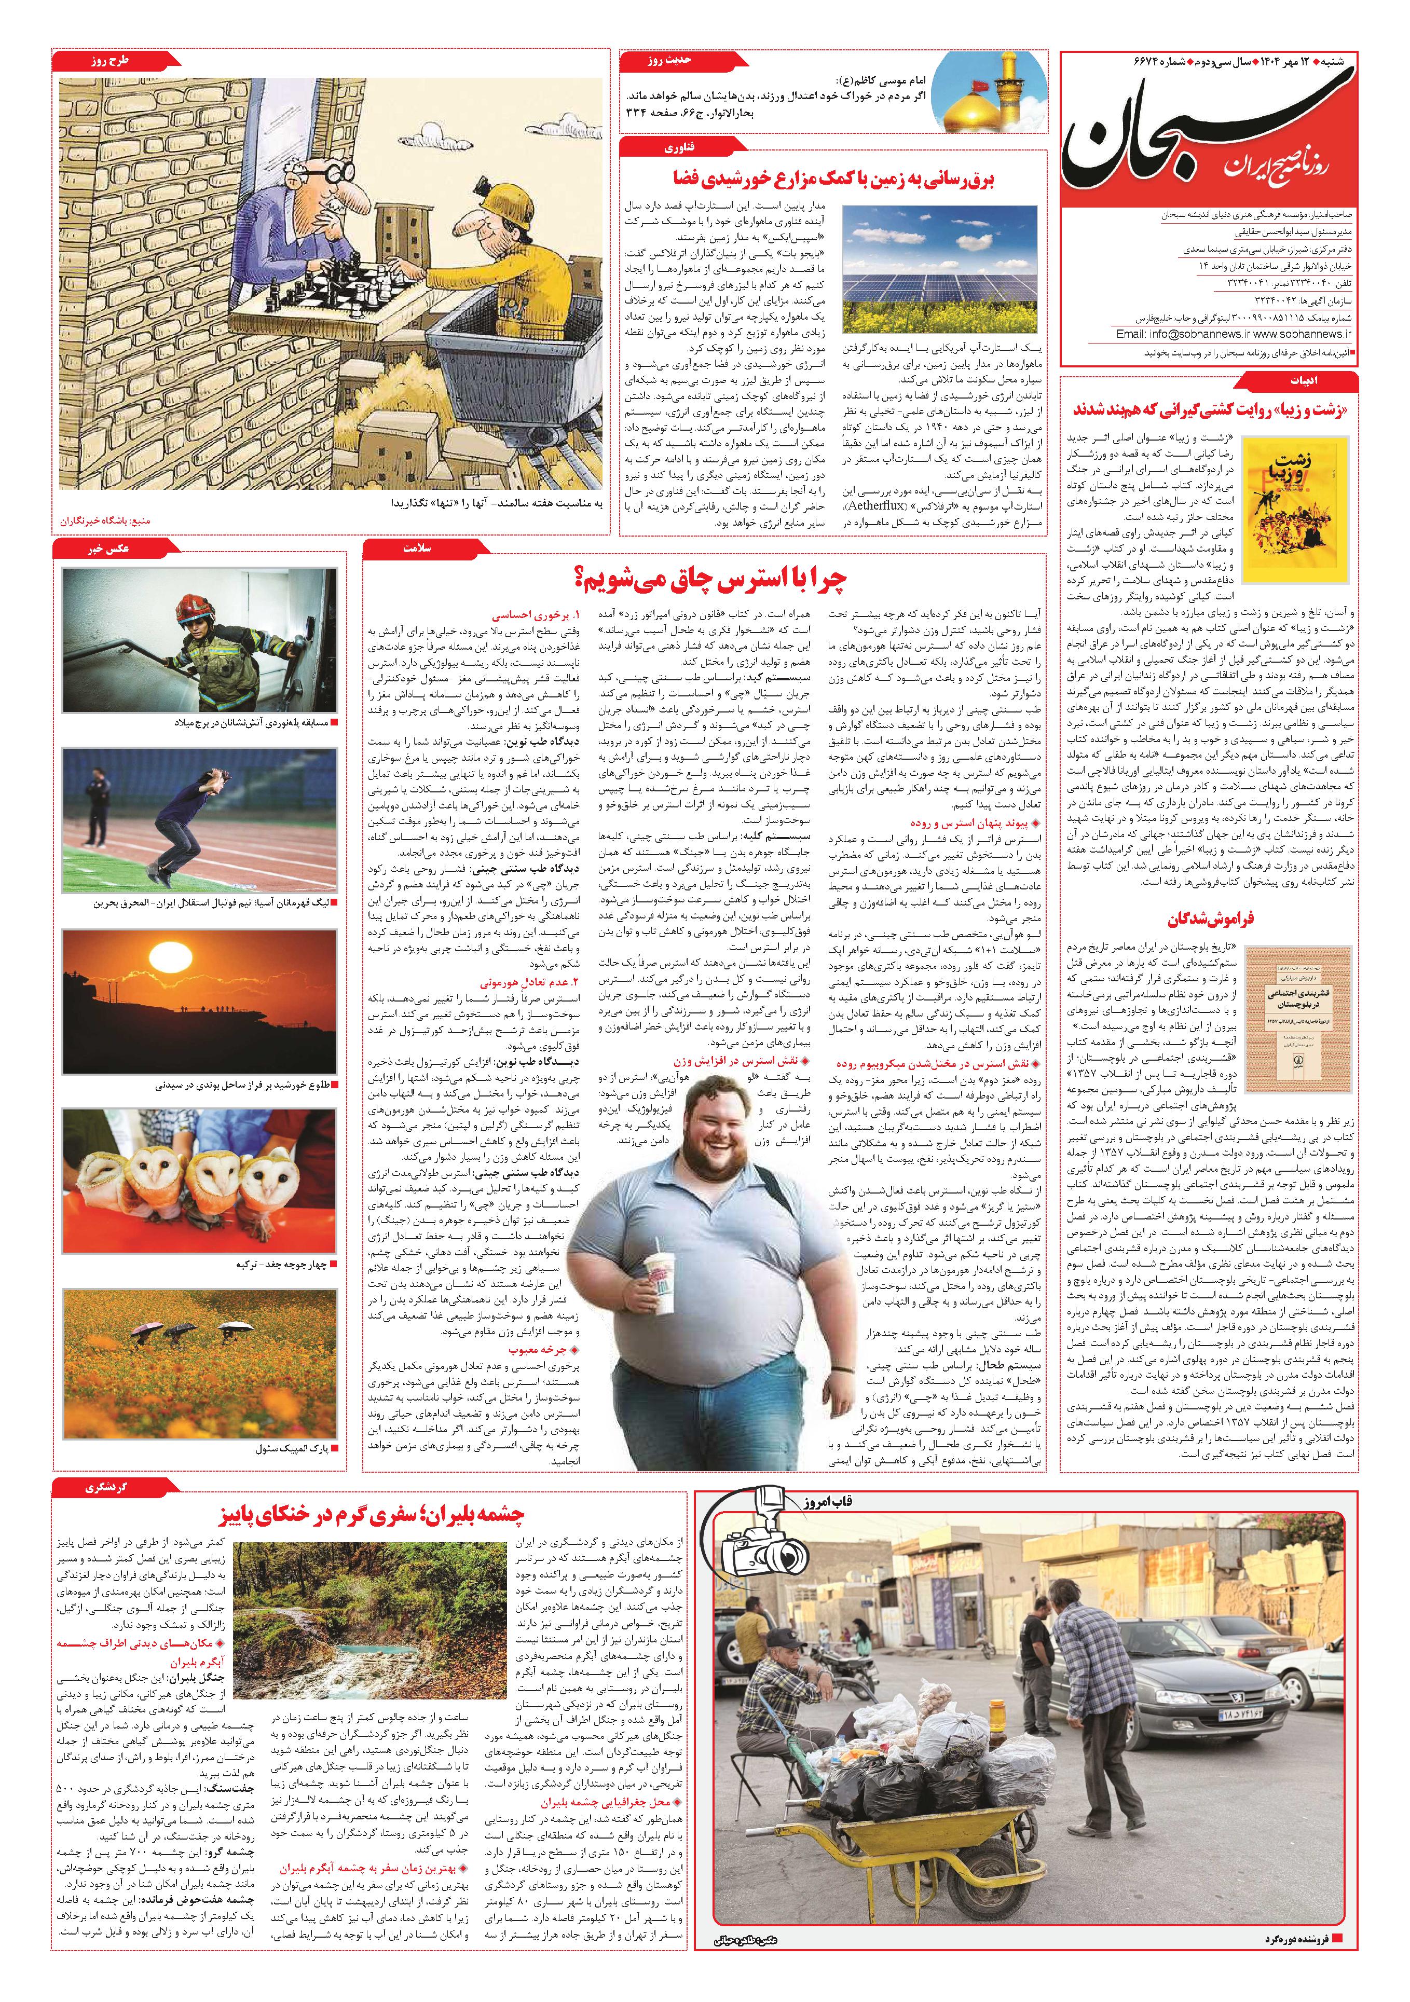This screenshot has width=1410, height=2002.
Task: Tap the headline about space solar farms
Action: (833, 179)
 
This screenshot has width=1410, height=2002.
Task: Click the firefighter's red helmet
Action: (192, 607)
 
